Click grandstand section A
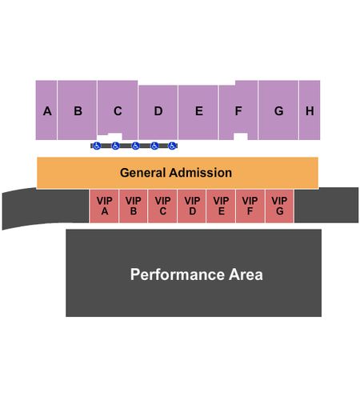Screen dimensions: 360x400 (46, 110)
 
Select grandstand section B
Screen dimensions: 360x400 (77, 110)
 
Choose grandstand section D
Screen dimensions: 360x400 (158, 112)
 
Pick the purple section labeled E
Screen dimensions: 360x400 (198, 112)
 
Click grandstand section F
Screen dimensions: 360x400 (238, 110)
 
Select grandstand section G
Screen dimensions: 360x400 (278, 110)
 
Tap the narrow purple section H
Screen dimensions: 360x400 (310, 110)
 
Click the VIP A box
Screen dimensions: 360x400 (104, 206)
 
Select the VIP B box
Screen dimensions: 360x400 (134, 206)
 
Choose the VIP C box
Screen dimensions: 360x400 (162, 206)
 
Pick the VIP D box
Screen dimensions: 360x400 (192, 206)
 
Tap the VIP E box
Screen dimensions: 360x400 (221, 206)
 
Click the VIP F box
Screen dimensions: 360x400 (250, 206)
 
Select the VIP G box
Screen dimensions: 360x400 (279, 206)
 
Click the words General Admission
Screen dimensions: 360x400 (176, 173)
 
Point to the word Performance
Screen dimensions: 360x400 (178, 274)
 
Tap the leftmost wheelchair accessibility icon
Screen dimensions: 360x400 (97, 146)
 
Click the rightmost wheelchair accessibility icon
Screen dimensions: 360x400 (172, 146)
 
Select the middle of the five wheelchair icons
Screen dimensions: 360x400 (135, 146)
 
